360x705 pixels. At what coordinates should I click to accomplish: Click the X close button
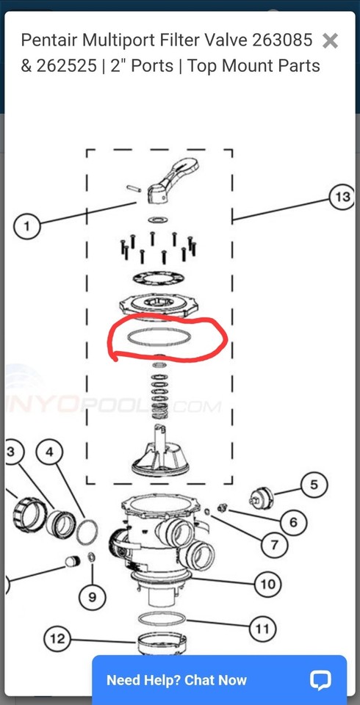(x=331, y=41)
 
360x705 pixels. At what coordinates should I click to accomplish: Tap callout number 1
(x=27, y=226)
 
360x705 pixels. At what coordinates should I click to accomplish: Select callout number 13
(x=342, y=197)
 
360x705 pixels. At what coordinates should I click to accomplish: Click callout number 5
(x=314, y=485)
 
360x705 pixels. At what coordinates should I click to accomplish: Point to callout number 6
(x=293, y=522)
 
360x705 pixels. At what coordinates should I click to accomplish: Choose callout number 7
(x=274, y=545)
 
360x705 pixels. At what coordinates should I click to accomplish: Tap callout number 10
(x=266, y=585)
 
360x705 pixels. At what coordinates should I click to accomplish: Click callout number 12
(x=57, y=639)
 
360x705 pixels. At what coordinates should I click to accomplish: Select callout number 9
(x=92, y=597)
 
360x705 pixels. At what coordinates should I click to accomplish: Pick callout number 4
(x=49, y=452)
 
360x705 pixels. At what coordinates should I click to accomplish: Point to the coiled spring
(x=159, y=390)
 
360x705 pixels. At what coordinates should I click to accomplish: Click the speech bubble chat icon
(x=320, y=680)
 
